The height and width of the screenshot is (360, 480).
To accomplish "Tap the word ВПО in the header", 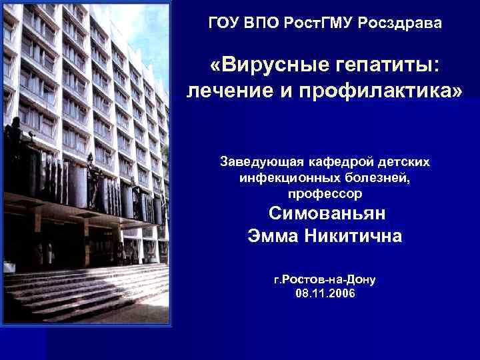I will pos(264,23).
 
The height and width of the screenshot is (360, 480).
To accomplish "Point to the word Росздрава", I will pos(399,23).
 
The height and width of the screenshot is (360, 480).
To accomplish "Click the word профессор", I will pos(325,194).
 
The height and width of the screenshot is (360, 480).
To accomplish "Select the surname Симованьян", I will pos(327,215).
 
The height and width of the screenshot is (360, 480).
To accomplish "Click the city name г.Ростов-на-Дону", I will pos(325,280).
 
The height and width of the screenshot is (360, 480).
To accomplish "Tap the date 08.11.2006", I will pos(325,293).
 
